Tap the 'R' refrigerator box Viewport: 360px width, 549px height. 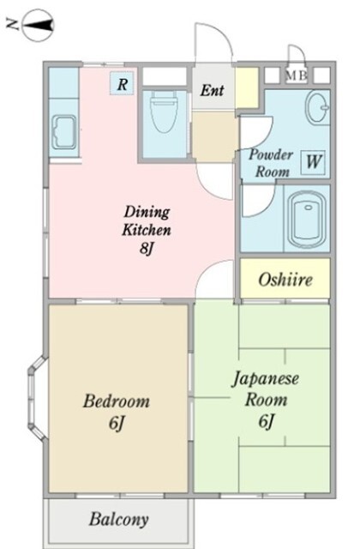point(123,83)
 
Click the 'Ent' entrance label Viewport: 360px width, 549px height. point(213,90)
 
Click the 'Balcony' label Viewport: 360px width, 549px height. point(117,519)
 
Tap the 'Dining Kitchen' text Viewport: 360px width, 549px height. point(147,220)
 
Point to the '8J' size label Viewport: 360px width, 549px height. point(147,250)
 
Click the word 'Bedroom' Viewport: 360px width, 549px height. point(117,401)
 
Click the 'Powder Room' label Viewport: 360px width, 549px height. point(270,163)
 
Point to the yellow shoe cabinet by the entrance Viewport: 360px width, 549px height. point(247,85)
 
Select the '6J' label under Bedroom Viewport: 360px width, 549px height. point(117,423)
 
